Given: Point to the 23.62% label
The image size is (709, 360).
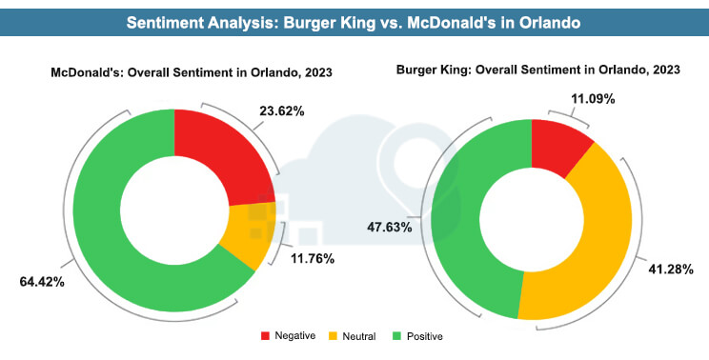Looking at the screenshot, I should pyautogui.click(x=281, y=110).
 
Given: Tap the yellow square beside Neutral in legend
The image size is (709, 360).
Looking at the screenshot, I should pyautogui.click(x=334, y=335).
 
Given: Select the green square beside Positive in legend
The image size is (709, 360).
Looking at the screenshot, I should pyautogui.click(x=400, y=335).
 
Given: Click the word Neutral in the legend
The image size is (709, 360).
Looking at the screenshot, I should pyautogui.click(x=357, y=336).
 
